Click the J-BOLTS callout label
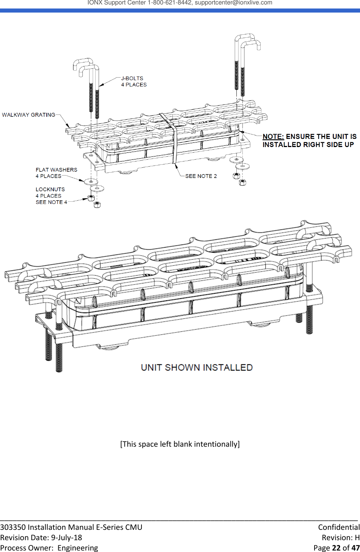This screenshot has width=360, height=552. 132,78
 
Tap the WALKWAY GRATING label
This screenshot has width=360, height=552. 28,115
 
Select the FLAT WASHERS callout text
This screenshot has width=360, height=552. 56,170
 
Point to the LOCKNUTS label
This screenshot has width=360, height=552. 50,190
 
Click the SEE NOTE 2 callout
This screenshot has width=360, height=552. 201,176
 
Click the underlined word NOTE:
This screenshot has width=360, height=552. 273,137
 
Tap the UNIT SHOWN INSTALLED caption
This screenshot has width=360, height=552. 196,368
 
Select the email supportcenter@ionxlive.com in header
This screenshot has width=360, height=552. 233,3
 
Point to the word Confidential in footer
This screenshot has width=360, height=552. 339,527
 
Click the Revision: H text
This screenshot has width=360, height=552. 340,538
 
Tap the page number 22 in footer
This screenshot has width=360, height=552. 336,548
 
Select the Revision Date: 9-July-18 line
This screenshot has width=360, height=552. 41,538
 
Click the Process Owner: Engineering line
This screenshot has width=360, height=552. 49,548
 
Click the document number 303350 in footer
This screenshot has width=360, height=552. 13,527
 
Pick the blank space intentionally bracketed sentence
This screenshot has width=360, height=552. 180,444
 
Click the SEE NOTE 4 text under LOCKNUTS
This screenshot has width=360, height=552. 51,202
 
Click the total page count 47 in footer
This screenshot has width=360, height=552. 355,548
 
